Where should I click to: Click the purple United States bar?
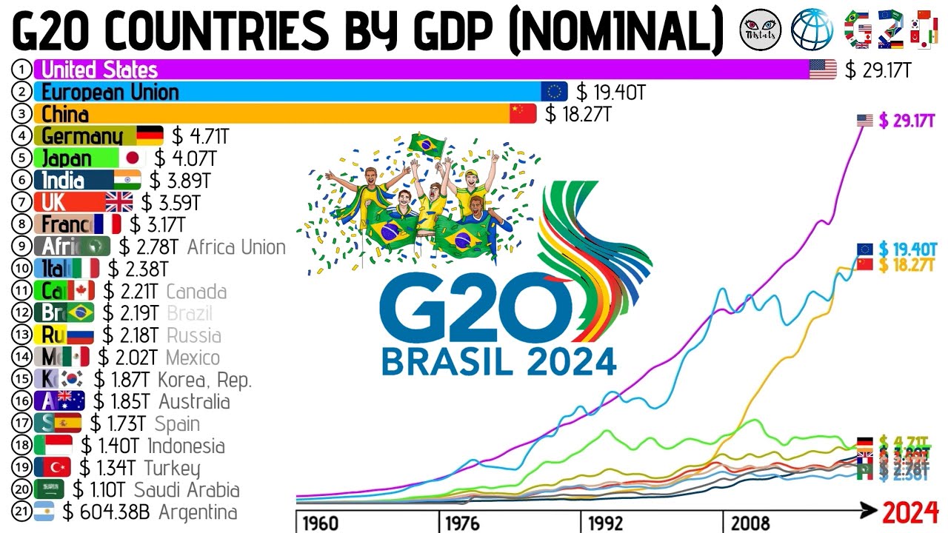click(x=422, y=70)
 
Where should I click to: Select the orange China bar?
click(x=274, y=114)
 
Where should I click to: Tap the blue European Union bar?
click(x=289, y=92)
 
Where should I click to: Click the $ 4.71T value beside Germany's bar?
click(x=201, y=136)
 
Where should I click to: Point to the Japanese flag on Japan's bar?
click(x=133, y=158)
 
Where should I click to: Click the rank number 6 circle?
click(x=22, y=181)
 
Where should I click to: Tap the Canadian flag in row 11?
click(x=80, y=291)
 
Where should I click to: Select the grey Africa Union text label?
click(x=236, y=247)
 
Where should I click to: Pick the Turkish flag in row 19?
click(x=56, y=468)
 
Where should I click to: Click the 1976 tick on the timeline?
click(x=461, y=523)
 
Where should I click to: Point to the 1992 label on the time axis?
click(x=605, y=523)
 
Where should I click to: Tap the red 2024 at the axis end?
click(x=910, y=512)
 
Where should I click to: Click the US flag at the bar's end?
click(x=822, y=70)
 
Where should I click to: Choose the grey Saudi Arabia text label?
click(x=187, y=490)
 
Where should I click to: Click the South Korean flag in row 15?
click(x=71, y=380)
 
